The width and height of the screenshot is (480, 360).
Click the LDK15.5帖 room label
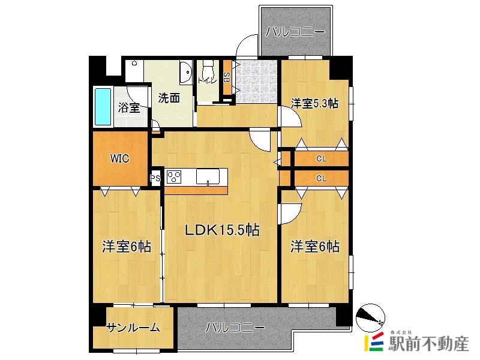point(221,230)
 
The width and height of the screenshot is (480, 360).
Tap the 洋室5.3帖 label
point(314,104)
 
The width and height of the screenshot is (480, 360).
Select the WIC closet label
point(119,159)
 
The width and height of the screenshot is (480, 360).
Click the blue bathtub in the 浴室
point(103,107)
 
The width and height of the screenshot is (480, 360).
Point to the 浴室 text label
point(129,109)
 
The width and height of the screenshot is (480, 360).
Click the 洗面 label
point(169,99)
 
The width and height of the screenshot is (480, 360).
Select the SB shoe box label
point(227,77)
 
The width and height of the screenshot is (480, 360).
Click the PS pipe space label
point(155,178)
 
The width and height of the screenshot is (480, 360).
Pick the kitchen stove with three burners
point(174,177)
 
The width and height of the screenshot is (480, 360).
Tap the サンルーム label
point(133,328)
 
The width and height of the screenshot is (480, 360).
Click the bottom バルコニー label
point(235,328)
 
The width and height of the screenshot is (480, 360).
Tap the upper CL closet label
point(321,159)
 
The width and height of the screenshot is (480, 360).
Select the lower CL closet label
point(321,178)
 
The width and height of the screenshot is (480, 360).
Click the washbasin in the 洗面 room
point(185,73)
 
